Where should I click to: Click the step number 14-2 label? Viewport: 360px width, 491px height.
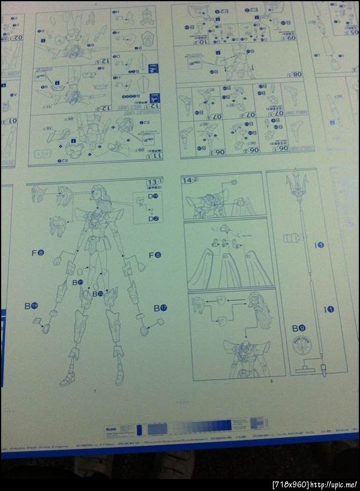tap(191, 179)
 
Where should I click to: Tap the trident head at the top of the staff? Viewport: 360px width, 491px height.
tap(296, 181)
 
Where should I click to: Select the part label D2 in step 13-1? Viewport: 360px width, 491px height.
tap(154, 218)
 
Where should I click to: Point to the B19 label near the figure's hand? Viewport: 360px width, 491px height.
tap(31, 306)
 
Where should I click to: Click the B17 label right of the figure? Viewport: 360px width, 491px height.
tap(160, 308)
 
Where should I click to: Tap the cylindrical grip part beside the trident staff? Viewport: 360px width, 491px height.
tap(292, 238)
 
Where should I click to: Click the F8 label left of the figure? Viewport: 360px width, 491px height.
tap(38, 253)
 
